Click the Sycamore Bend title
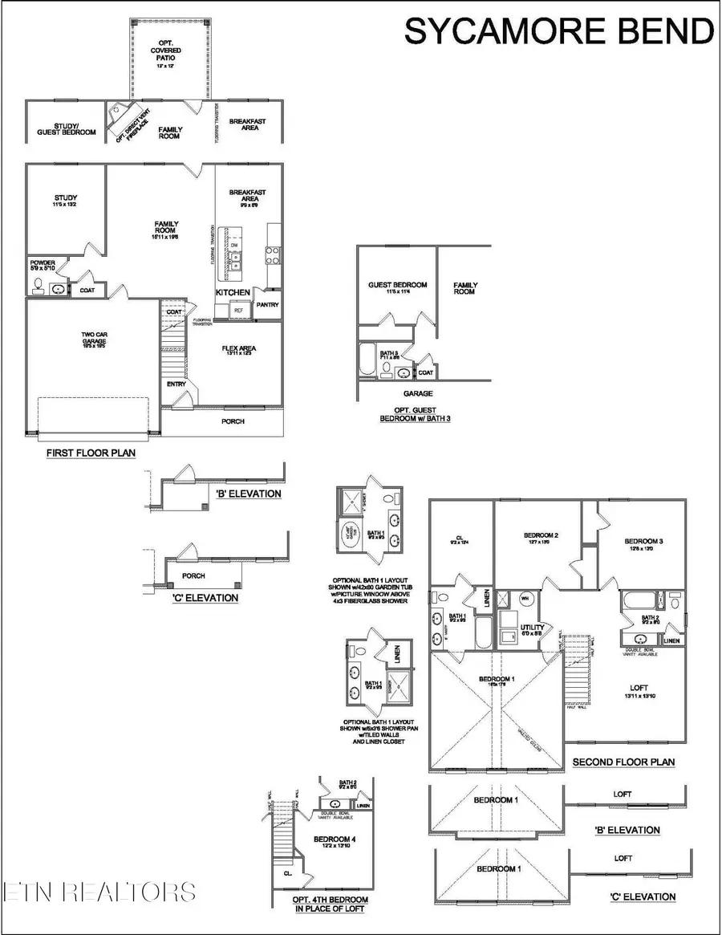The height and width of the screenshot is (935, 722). point(559,32)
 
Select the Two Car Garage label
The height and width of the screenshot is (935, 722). point(93,341)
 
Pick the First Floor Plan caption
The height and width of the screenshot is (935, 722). point(91,453)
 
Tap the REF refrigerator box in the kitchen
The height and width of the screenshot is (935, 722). point(239,309)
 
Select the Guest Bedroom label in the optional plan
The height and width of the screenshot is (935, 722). point(397,285)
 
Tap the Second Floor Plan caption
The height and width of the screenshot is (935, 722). point(623,762)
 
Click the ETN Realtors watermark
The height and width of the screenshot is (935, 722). point(98,892)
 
